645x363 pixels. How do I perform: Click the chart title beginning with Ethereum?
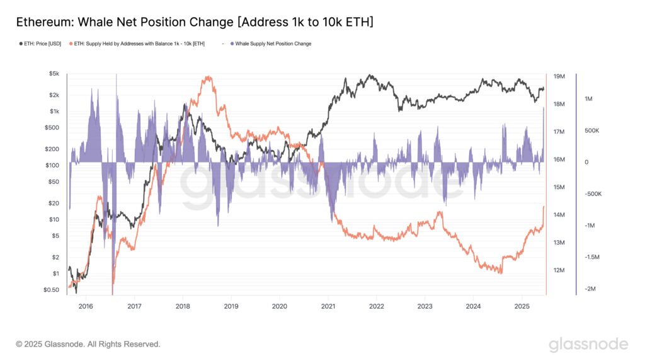(195, 22)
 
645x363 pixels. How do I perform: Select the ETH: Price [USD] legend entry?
(39, 43)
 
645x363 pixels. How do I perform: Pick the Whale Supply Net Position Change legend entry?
(273, 43)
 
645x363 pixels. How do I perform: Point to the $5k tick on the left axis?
(54, 74)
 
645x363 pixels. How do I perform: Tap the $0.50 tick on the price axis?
(52, 290)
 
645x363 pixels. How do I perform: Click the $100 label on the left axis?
(53, 165)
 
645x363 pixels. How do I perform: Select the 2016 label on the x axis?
(86, 306)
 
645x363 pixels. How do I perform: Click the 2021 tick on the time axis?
(328, 306)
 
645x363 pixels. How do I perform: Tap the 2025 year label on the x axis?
(522, 306)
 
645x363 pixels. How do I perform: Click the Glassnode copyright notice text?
(88, 344)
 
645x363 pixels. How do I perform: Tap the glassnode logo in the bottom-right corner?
(588, 344)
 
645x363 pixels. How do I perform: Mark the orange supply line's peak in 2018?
(207, 78)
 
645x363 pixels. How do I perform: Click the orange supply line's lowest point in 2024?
(500, 273)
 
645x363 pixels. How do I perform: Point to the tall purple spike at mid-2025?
(544, 110)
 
